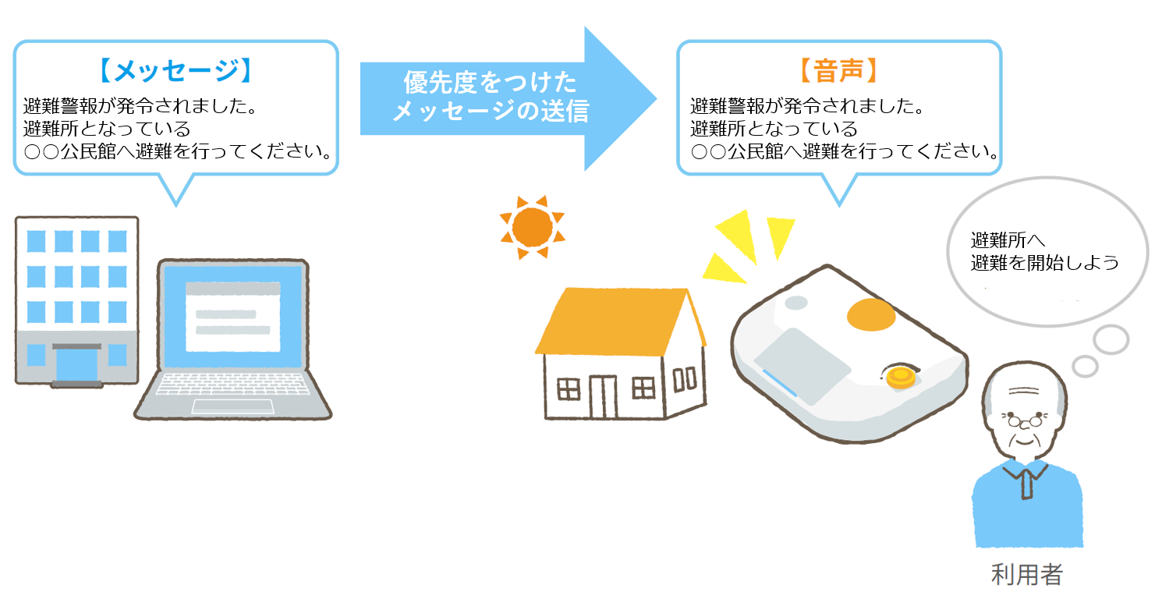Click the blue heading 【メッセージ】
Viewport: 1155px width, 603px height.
[x=175, y=70]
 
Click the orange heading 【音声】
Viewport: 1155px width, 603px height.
[x=838, y=70]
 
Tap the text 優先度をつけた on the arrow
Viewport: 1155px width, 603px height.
[x=490, y=83]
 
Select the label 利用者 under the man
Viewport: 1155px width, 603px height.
[x=1026, y=575]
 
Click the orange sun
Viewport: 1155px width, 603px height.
[x=532, y=227]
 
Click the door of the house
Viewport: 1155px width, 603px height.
[x=604, y=397]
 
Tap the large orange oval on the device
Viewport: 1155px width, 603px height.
[x=871, y=314]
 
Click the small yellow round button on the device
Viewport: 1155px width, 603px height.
[x=901, y=377]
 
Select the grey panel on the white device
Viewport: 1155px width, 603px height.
[x=802, y=365]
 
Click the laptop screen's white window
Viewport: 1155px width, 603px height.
[x=232, y=317]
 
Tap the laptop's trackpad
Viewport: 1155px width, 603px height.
[x=232, y=406]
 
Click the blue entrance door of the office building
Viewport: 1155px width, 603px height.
[x=76, y=365]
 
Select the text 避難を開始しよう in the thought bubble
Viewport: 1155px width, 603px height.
[x=1045, y=263]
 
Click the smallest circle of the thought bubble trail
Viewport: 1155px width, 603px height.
[x=1085, y=366]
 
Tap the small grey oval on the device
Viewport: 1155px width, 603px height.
[x=796, y=302]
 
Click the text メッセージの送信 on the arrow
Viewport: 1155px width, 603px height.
[x=490, y=111]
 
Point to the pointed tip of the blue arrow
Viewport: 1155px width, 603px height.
[x=657, y=98]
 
